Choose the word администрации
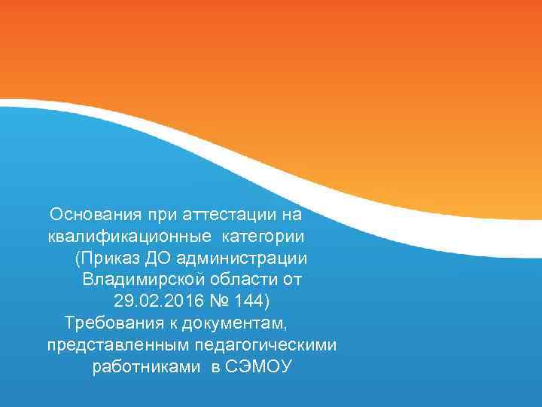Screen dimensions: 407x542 [x=242, y=259]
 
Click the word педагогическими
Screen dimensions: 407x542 [x=260, y=346]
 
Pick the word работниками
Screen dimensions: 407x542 [x=145, y=368]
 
